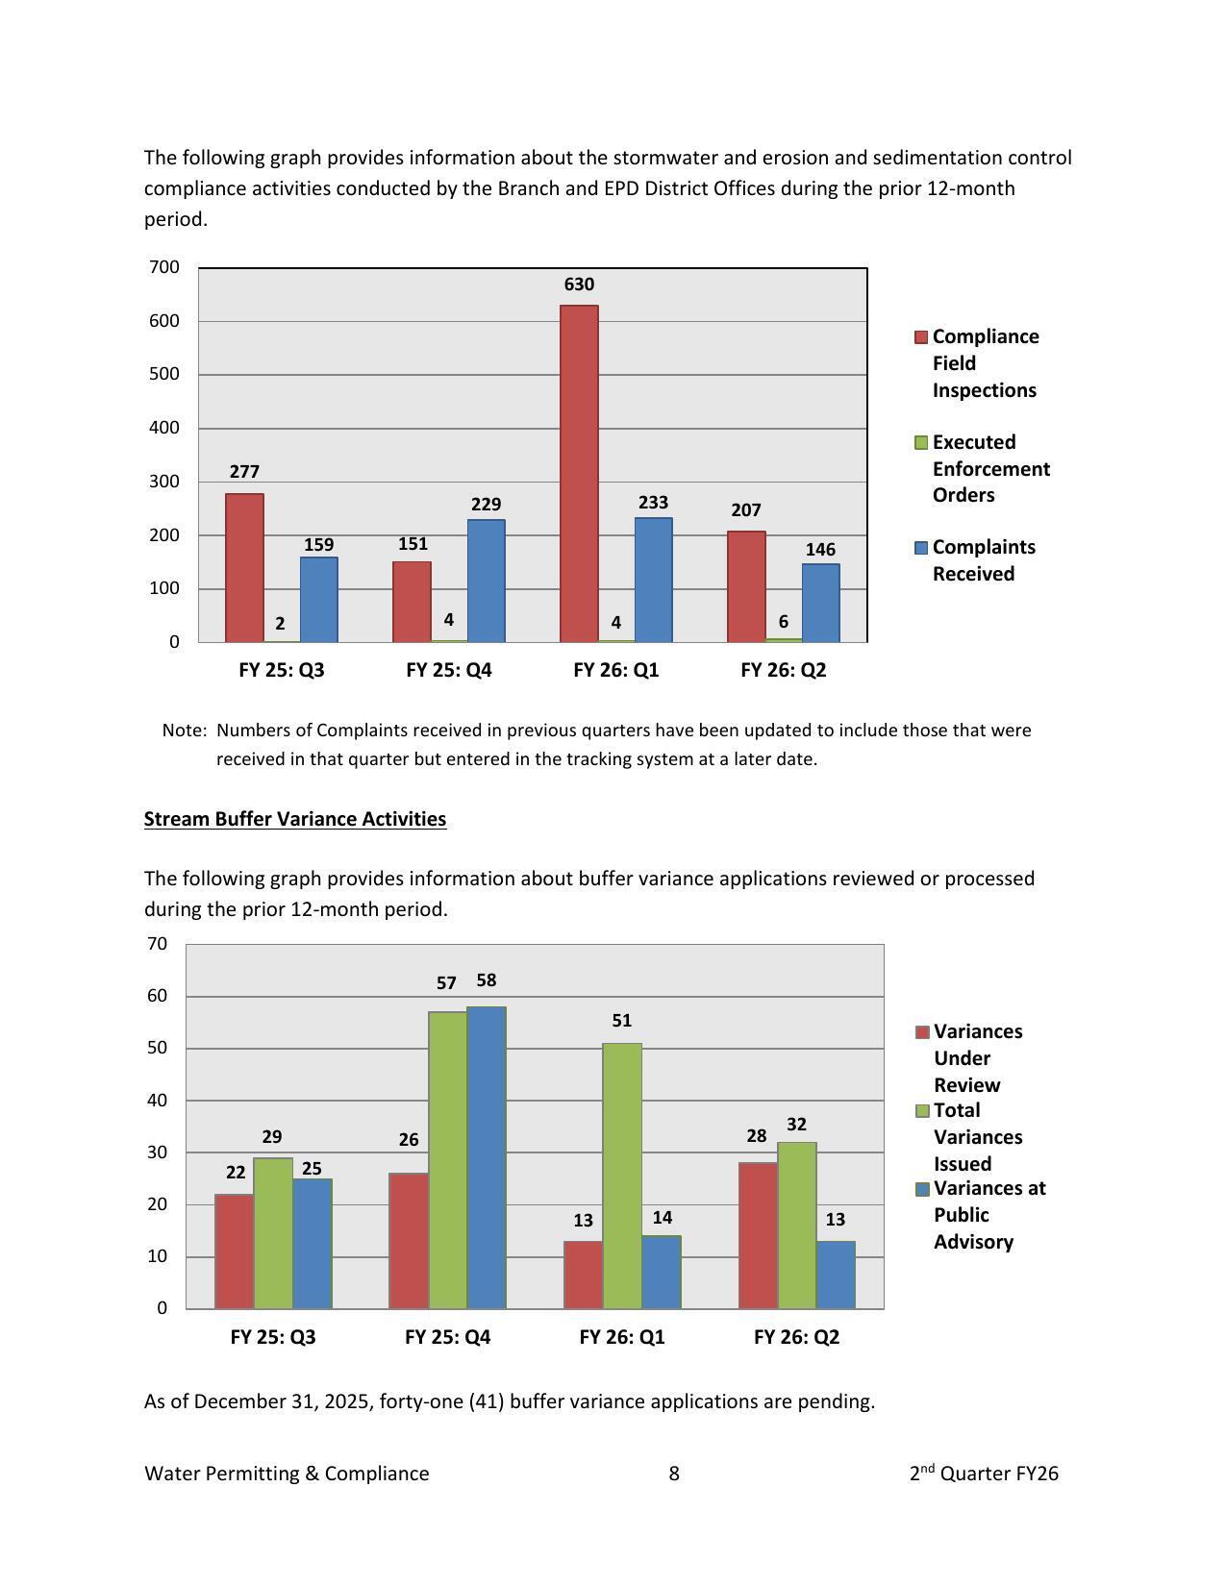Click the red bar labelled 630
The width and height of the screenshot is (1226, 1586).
coord(579,473)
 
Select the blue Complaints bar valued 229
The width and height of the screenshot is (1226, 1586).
coord(486,581)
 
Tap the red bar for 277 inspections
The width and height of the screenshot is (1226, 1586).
coord(244,567)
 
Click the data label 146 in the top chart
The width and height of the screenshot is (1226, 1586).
coord(820,550)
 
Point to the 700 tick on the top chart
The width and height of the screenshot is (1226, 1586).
coord(164,267)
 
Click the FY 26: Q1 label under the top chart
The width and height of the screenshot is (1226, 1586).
coord(616,670)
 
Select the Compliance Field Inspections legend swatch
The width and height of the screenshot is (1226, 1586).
coord(921,337)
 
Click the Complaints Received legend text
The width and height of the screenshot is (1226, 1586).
coord(984,560)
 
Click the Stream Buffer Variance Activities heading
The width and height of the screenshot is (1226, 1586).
coord(295,819)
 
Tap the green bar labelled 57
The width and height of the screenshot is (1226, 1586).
coord(447,1160)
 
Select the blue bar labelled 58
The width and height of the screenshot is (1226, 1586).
coord(487,1157)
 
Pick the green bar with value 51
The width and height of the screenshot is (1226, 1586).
coord(622,1176)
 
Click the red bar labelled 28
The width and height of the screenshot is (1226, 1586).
coord(757,1235)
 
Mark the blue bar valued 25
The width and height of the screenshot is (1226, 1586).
coord(312,1244)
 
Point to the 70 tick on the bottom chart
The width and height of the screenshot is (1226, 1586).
coord(158,944)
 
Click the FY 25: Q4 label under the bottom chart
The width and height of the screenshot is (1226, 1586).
coord(448,1337)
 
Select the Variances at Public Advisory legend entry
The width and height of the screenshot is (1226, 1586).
coord(988,1215)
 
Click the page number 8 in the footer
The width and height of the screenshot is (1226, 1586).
coord(674,1474)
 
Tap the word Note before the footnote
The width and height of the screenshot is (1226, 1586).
coord(183,731)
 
